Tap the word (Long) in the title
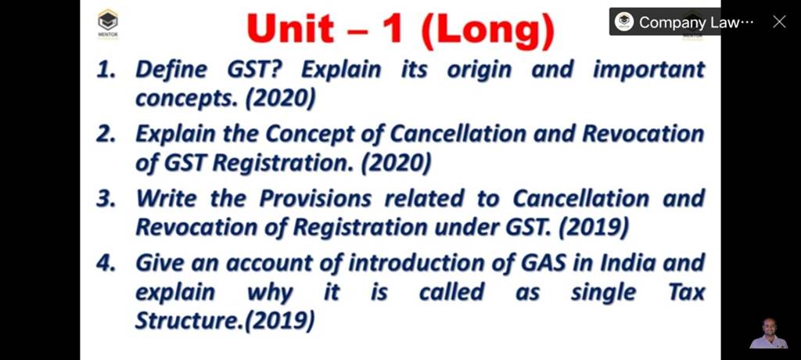[487, 31]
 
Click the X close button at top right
[779, 22]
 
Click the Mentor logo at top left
[107, 23]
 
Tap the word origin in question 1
[479, 70]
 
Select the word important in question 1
[648, 70]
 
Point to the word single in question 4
[603, 293]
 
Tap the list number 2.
[106, 135]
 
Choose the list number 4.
[106, 263]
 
